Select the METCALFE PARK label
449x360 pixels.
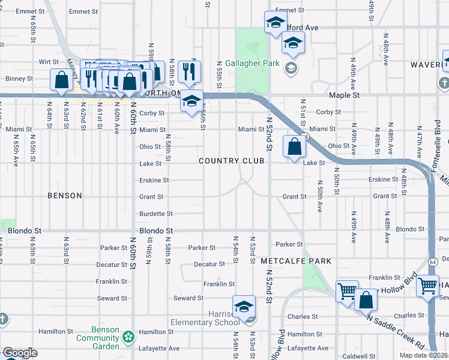[x=296, y=262]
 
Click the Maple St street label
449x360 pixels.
[x=344, y=95]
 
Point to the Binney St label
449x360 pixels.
[x=19, y=79]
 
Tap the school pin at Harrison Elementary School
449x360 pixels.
[x=244, y=307]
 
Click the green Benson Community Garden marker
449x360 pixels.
[x=128, y=338]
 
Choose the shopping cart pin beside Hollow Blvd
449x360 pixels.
[x=347, y=292]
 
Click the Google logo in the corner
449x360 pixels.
[x=19, y=353]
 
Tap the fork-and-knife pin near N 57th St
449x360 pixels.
[x=189, y=71]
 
